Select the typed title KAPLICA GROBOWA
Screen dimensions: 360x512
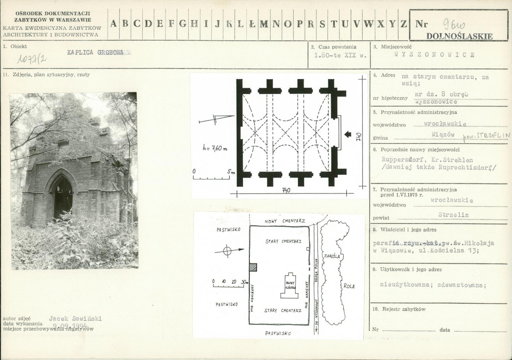click(x=99, y=53)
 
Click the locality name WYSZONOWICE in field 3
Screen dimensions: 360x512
click(x=434, y=55)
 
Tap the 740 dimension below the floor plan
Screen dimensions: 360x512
click(x=286, y=191)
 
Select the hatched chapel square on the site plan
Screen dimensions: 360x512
click(x=253, y=267)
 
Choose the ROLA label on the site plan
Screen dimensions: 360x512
click(x=348, y=286)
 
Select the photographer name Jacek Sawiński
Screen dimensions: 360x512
click(x=76, y=319)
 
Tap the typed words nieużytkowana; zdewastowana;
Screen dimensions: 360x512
click(x=433, y=286)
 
